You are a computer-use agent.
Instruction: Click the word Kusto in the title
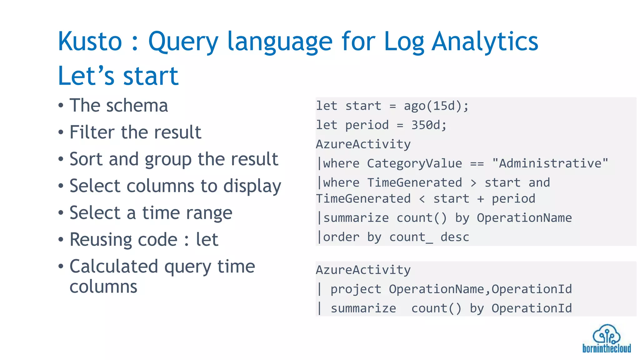(90, 42)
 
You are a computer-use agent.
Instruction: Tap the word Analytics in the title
(485, 42)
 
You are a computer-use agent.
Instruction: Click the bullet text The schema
(119, 105)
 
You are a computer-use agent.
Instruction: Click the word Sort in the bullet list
(86, 159)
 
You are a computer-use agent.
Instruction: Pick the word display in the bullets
(252, 187)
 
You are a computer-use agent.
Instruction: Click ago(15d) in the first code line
(432, 106)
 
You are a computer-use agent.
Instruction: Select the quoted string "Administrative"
(550, 163)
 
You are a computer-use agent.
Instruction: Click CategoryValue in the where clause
(414, 163)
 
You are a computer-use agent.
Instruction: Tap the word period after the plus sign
(513, 199)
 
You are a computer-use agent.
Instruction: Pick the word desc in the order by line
(455, 237)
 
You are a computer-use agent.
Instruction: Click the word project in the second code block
(356, 289)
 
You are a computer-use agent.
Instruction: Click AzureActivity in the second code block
(363, 270)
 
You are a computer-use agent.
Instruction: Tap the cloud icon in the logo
(606, 334)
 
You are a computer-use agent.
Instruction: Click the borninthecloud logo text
(606, 348)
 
